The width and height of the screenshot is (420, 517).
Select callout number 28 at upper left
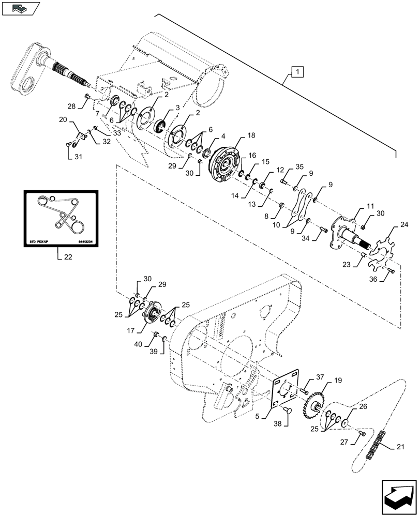pyautogui.click(x=72, y=106)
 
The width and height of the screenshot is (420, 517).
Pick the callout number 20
pyautogui.click(x=62, y=119)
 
